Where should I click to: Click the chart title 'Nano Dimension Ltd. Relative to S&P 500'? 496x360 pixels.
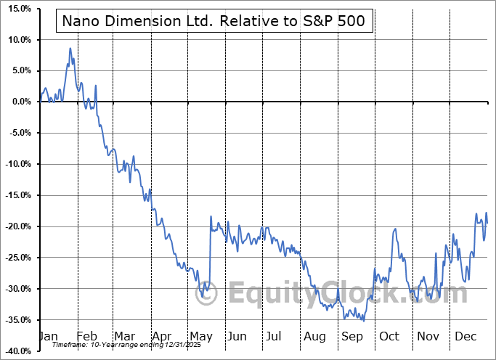pos(214,22)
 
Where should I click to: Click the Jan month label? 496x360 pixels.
pos(48,336)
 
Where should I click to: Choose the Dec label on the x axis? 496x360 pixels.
pos(465,336)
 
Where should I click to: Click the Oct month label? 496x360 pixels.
pos(389,336)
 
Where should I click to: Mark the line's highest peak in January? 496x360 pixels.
pos(70,48)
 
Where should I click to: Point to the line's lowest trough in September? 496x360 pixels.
pos(363,320)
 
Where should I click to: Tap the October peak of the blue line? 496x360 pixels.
pos(396,229)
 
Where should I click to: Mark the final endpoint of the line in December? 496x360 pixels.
pos(487,223)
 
